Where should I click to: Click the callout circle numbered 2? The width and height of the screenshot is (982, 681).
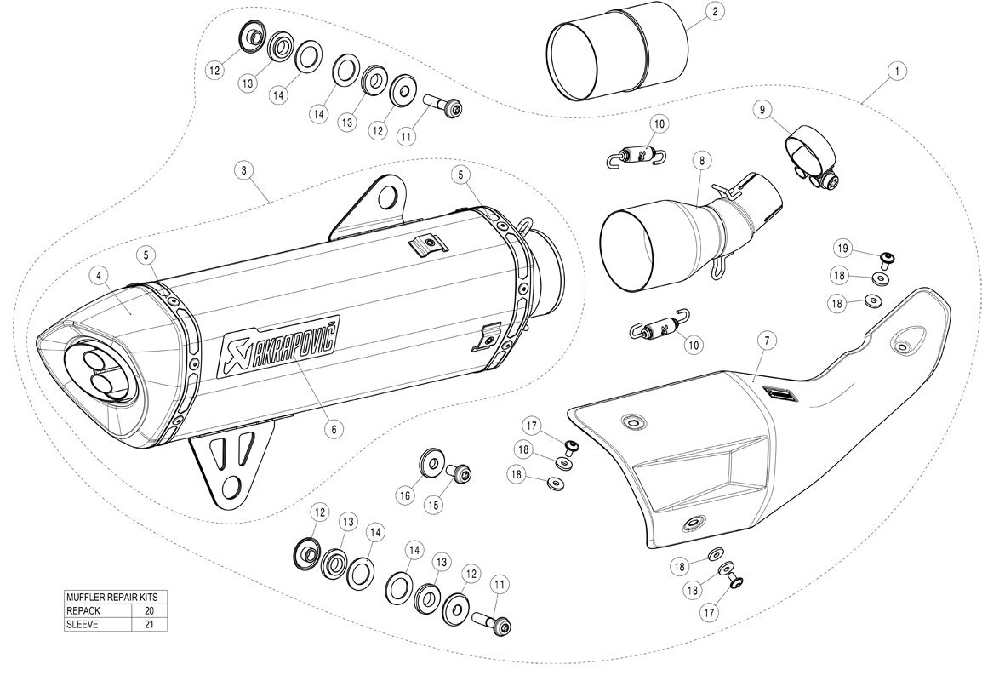[x=714, y=12]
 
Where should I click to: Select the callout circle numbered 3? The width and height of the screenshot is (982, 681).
[x=244, y=171]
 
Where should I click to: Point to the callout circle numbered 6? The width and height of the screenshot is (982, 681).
[x=334, y=429]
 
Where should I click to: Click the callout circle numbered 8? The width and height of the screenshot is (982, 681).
[x=699, y=159]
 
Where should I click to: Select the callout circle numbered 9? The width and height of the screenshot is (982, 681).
[x=762, y=108]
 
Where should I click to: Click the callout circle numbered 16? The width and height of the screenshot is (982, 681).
[x=405, y=494]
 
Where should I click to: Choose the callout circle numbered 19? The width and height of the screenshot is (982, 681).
[x=842, y=249]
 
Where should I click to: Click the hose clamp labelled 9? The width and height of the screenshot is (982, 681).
[x=809, y=150]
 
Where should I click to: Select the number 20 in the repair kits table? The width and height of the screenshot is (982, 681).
[x=150, y=610]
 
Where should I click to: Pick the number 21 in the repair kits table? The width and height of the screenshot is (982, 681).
[x=150, y=624]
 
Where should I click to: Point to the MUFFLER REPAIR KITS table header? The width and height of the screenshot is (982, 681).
[x=116, y=597]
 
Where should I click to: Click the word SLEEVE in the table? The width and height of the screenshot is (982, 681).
[x=83, y=624]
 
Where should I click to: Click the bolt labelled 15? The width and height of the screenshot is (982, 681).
[x=460, y=472]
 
